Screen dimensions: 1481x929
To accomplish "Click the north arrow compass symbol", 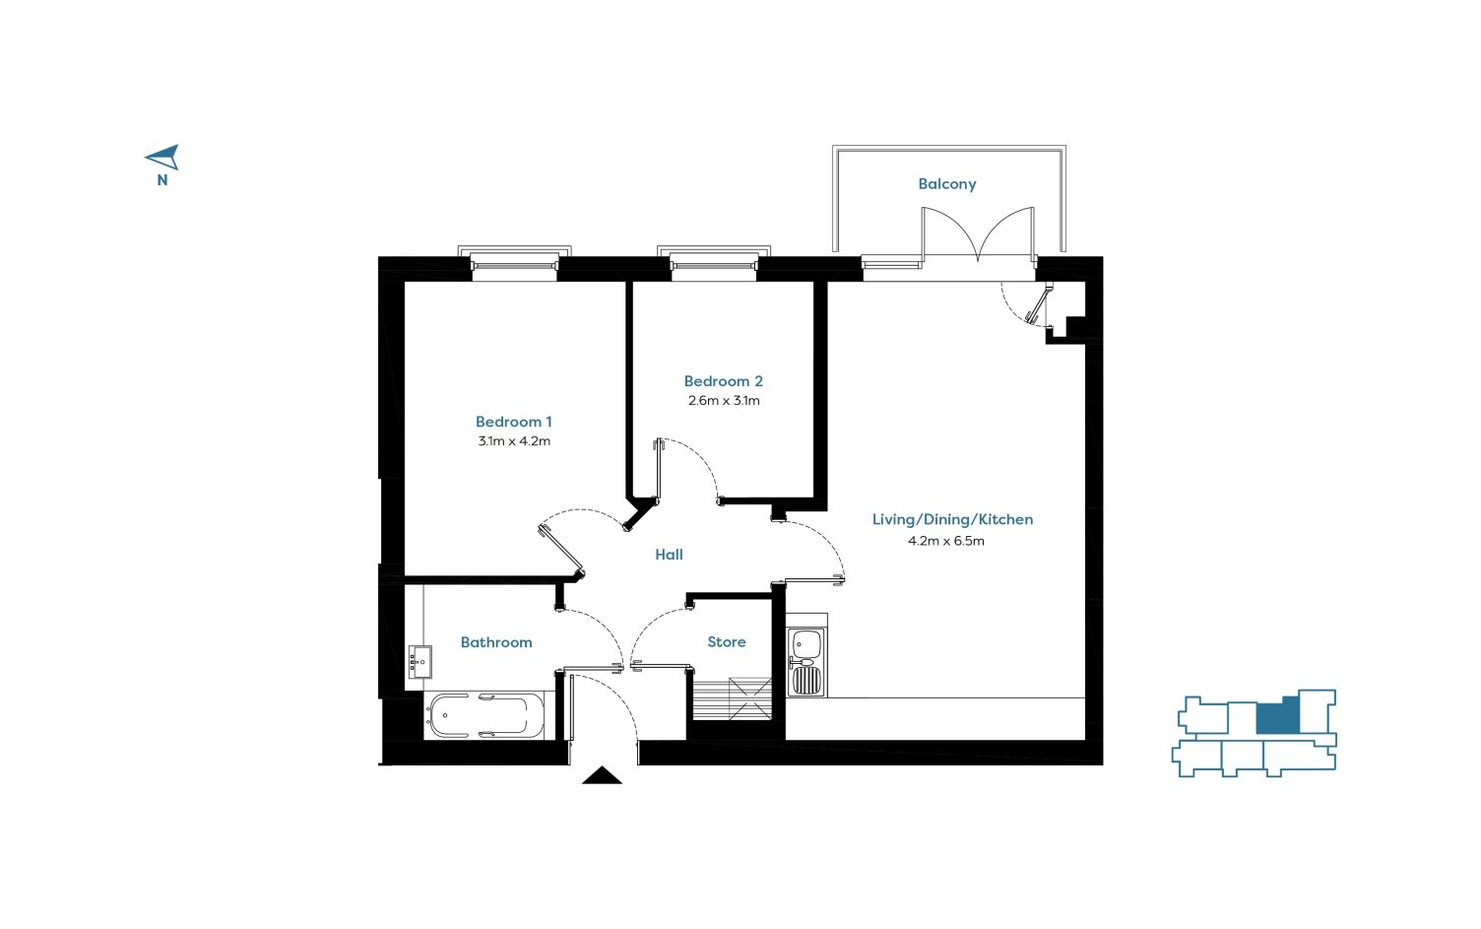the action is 163,157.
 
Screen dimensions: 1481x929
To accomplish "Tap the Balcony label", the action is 946,184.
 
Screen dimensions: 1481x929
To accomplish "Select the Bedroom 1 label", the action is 513,422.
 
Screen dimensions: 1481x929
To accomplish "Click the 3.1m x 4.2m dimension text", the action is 514,440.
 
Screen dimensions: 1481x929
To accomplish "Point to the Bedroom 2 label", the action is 724,381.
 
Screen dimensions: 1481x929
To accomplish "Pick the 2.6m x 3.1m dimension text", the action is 724,400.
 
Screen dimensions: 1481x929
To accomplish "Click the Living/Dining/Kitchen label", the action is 952,519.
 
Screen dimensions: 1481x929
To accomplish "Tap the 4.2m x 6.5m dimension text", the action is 946,541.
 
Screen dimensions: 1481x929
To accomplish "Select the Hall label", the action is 669,555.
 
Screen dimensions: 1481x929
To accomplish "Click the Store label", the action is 727,642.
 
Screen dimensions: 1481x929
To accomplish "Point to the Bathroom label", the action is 496,642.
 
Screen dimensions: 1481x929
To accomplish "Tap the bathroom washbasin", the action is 419,662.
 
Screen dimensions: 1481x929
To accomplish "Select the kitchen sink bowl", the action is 805,642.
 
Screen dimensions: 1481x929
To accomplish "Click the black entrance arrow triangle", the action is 602,775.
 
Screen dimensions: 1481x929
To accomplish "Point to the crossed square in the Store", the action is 749,698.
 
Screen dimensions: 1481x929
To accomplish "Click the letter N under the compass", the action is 161,180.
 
